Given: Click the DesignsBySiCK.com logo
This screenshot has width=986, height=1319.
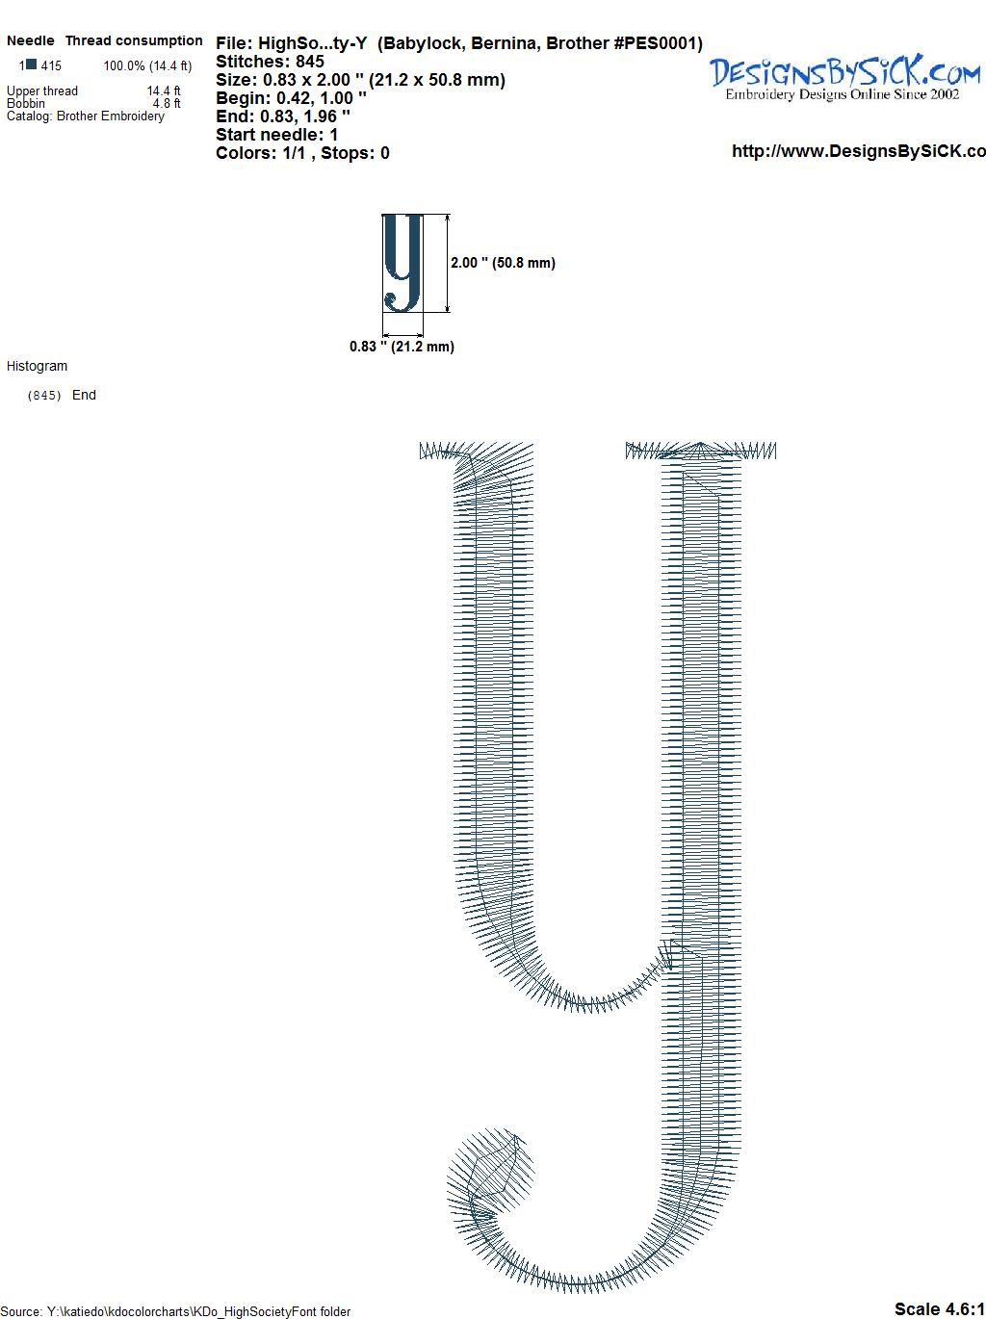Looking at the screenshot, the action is point(844,77).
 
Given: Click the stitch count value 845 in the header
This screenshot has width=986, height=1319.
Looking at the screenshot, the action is point(309,62).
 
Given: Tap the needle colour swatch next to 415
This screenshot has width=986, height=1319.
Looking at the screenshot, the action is point(32,65).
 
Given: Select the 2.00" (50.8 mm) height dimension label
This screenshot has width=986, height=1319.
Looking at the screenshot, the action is point(503,263).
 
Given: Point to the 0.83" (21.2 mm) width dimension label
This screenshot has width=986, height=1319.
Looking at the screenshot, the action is point(402,347).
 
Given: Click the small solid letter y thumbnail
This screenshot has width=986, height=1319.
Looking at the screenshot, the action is point(402,263).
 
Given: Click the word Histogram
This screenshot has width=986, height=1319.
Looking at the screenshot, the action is point(37,366).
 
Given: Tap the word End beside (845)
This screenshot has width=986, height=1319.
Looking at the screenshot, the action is point(84,395).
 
